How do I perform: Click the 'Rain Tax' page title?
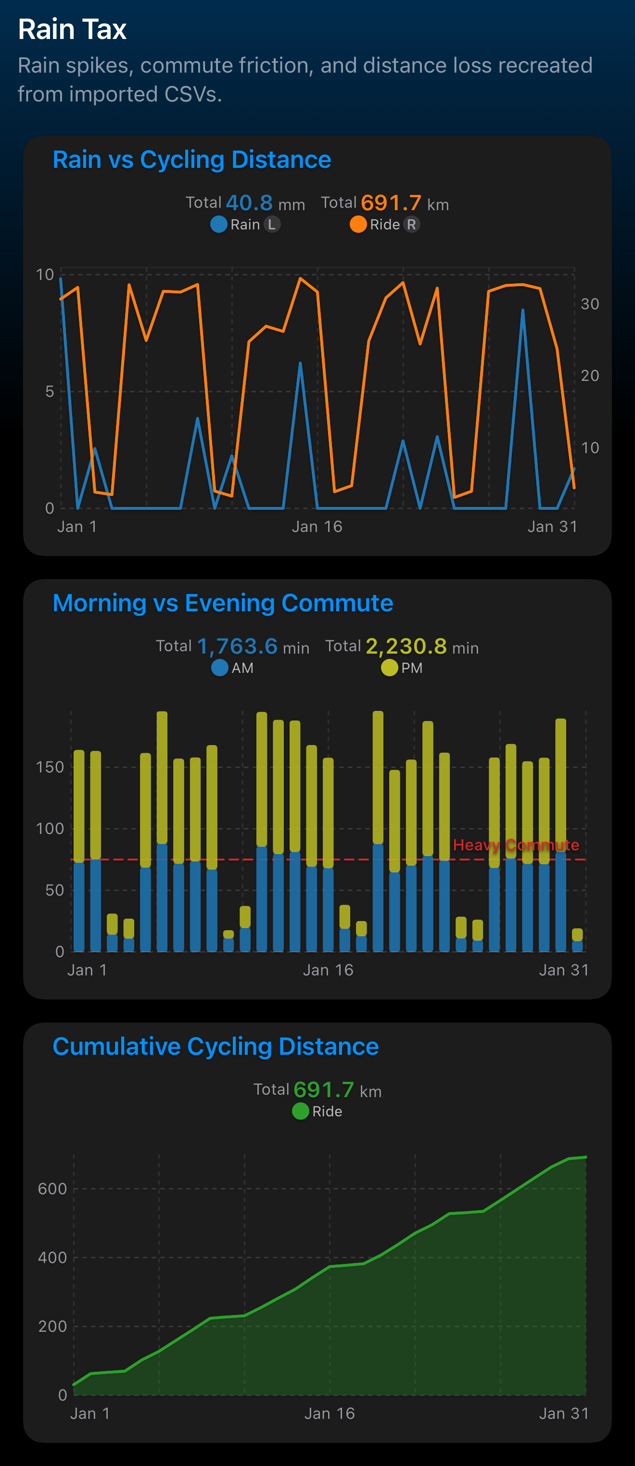coord(72,30)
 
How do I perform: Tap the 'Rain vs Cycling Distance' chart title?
coord(192,160)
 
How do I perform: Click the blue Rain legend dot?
coord(218,225)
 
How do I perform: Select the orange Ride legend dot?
coord(358,225)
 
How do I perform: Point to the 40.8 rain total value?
coord(249,203)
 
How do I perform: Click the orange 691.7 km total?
coord(391,203)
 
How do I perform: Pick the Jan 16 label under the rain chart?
coord(317,527)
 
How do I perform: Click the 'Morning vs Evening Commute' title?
coord(222,603)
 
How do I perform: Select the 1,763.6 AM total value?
coord(237,646)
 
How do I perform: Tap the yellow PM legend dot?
coord(389,668)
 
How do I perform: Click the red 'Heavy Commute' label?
coord(516,845)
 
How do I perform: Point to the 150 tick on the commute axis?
coord(50,768)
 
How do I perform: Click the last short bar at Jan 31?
coord(577,940)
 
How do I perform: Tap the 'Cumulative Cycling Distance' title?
coord(216,1047)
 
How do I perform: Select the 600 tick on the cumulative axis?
coord(52,1189)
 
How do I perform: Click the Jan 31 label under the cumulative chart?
coord(563,1414)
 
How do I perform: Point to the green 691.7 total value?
coord(324,1090)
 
